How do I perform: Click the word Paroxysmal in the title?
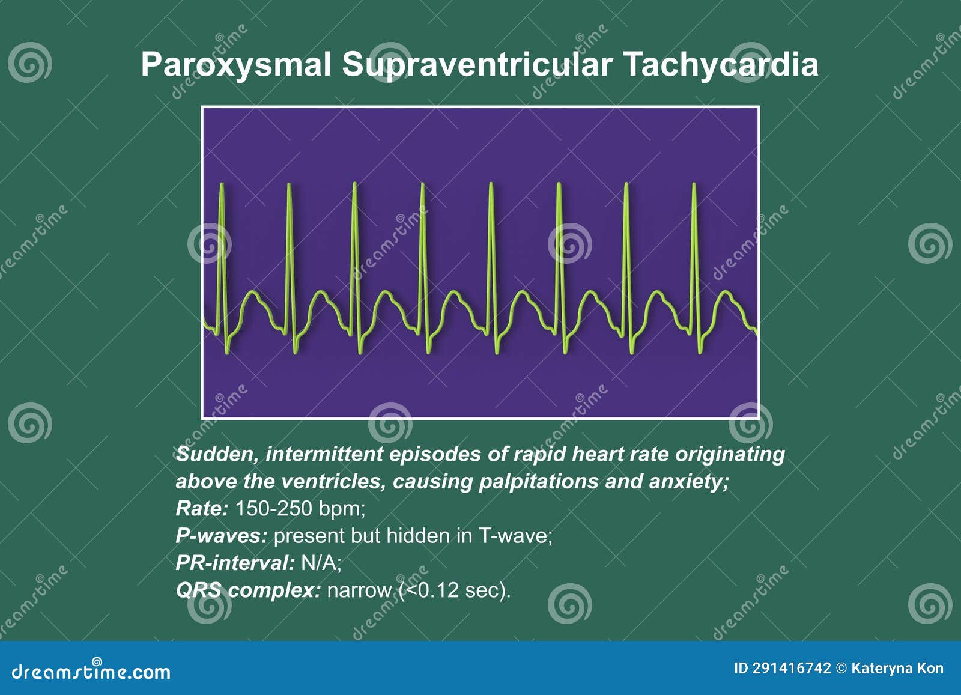pos(236,65)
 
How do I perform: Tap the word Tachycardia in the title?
pos(721,65)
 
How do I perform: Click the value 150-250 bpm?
pos(300,509)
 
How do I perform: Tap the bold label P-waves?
pos(221,536)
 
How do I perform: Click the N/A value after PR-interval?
pos(321,563)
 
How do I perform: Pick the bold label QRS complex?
pos(248,590)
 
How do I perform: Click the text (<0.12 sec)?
pos(455,590)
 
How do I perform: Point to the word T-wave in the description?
pos(515,536)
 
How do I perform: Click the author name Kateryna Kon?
pos(897,668)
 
